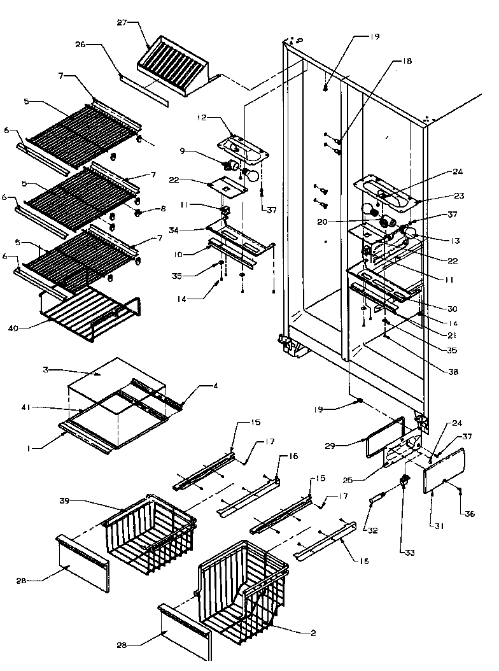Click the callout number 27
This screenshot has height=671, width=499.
click(x=122, y=22)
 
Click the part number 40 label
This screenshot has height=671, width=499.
click(x=32, y=328)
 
